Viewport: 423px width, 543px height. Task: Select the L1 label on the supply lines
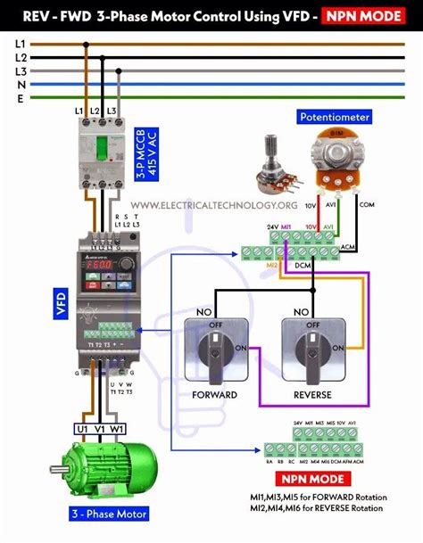pyautogui.click(x=21, y=43)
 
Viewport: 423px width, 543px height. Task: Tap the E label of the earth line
pyautogui.click(x=21, y=100)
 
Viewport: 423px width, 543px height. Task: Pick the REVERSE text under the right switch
pyautogui.click(x=311, y=394)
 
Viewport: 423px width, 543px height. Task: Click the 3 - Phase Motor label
pyautogui.click(x=109, y=514)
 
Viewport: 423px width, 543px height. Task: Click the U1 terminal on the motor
pyautogui.click(x=82, y=428)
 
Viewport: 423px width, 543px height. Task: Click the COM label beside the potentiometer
pyautogui.click(x=367, y=204)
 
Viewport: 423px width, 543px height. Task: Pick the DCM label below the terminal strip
pyautogui.click(x=303, y=266)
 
